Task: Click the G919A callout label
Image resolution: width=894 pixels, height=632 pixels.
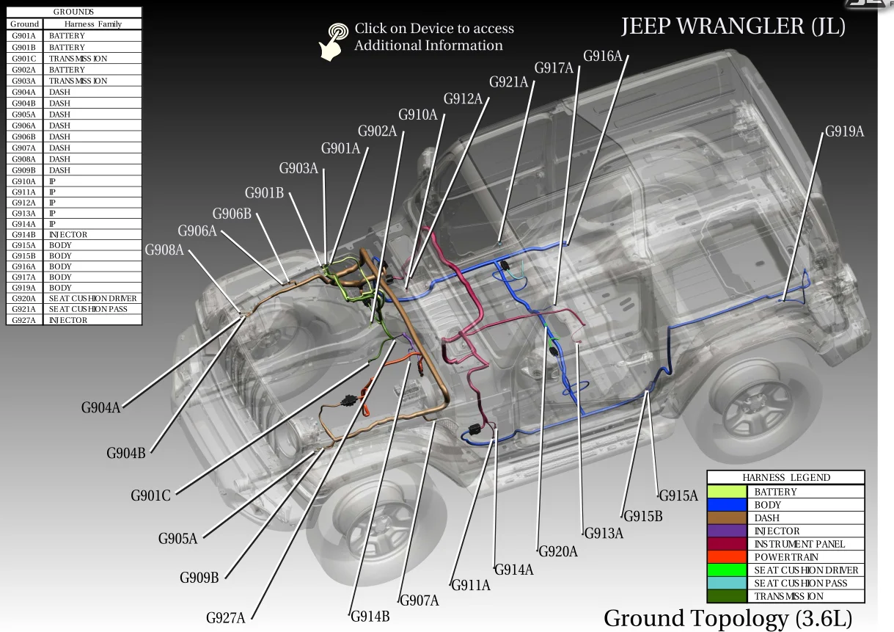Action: (x=844, y=132)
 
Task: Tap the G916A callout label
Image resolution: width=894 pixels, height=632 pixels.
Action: (x=602, y=57)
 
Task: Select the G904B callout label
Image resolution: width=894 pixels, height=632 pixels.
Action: (x=125, y=453)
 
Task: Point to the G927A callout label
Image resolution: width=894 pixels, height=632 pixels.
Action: (x=225, y=618)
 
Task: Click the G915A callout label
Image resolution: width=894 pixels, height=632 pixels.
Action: (x=678, y=495)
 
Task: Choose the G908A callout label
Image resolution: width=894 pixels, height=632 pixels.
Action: (x=164, y=250)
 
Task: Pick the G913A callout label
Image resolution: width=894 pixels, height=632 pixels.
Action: (x=603, y=534)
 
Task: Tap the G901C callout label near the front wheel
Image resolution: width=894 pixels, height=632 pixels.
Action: (x=150, y=496)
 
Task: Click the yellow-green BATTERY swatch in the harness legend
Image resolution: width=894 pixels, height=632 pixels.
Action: (x=728, y=492)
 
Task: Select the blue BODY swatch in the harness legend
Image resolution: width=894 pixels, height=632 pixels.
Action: (x=728, y=505)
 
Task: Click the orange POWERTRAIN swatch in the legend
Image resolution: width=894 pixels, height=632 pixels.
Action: (x=728, y=557)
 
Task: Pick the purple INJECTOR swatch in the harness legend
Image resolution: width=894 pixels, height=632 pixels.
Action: (x=728, y=531)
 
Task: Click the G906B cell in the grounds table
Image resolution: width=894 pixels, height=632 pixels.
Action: (x=23, y=137)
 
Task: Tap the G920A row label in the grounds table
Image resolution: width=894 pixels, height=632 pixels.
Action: (x=23, y=299)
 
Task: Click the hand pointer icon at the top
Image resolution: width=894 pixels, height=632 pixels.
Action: (x=334, y=41)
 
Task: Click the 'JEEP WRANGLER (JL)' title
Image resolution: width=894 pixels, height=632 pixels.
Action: (x=733, y=26)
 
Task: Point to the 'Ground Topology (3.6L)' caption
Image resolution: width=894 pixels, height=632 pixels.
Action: (x=728, y=618)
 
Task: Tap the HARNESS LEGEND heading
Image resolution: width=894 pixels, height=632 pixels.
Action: (x=785, y=477)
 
